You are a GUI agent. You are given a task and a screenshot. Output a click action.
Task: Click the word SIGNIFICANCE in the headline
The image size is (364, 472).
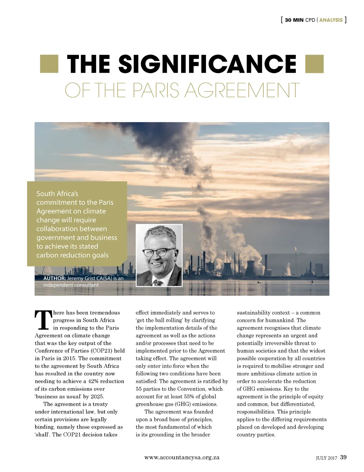click(207, 64)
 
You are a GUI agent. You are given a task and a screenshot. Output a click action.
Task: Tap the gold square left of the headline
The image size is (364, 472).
click(49, 64)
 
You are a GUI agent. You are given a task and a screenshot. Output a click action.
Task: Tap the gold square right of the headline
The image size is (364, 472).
click(315, 64)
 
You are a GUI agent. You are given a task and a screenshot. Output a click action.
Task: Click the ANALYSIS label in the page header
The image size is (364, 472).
click(331, 20)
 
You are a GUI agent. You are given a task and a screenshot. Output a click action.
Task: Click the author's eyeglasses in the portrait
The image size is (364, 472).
click(158, 252)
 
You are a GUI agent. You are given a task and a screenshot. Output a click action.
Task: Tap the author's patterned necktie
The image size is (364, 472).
click(157, 283)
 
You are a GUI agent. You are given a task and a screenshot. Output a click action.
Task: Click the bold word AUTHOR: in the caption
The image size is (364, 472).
click(55, 278)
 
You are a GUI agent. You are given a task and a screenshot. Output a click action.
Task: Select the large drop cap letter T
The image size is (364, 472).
click(43, 320)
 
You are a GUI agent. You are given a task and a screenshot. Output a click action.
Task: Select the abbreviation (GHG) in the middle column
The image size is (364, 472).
click(184, 404)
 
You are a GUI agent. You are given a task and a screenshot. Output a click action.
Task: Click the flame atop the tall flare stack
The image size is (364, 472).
click(296, 249)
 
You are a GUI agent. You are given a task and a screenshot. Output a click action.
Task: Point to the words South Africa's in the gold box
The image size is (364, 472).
click(57, 193)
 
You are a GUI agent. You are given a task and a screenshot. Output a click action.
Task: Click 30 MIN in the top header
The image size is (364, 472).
click(294, 20)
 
